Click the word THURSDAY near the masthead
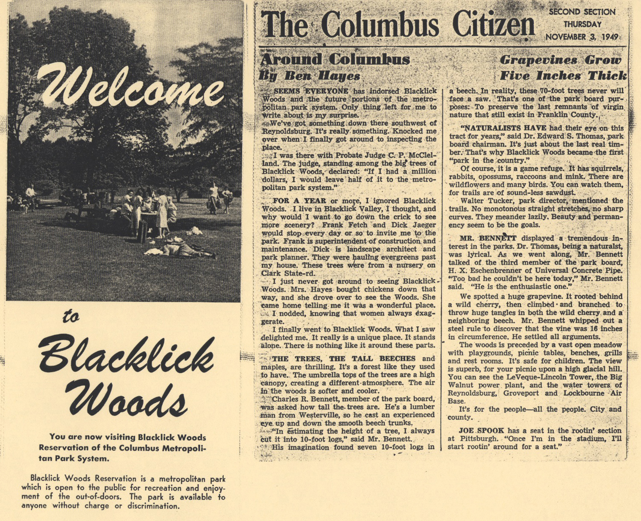pos(582,24)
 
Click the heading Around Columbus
pos(335,59)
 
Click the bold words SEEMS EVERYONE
pos(311,91)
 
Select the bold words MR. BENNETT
pos(488,238)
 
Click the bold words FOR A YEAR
pos(299,201)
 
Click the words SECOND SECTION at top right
pos(582,12)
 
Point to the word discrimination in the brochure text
pos(153,506)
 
